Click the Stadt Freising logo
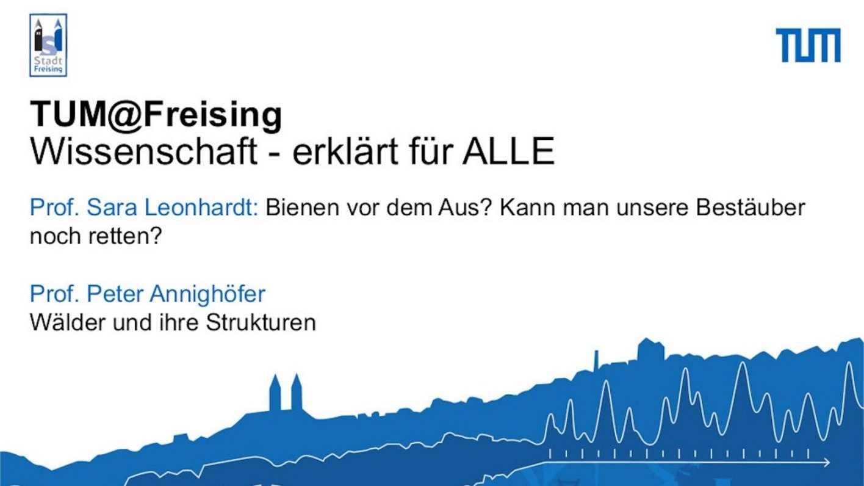(48, 45)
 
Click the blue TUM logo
(808, 45)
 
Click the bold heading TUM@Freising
(156, 115)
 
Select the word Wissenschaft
(143, 151)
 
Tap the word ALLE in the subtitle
(508, 151)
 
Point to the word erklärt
(345, 151)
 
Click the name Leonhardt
(201, 208)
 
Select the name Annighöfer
(207, 295)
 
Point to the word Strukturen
(261, 322)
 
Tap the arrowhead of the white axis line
(826, 462)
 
